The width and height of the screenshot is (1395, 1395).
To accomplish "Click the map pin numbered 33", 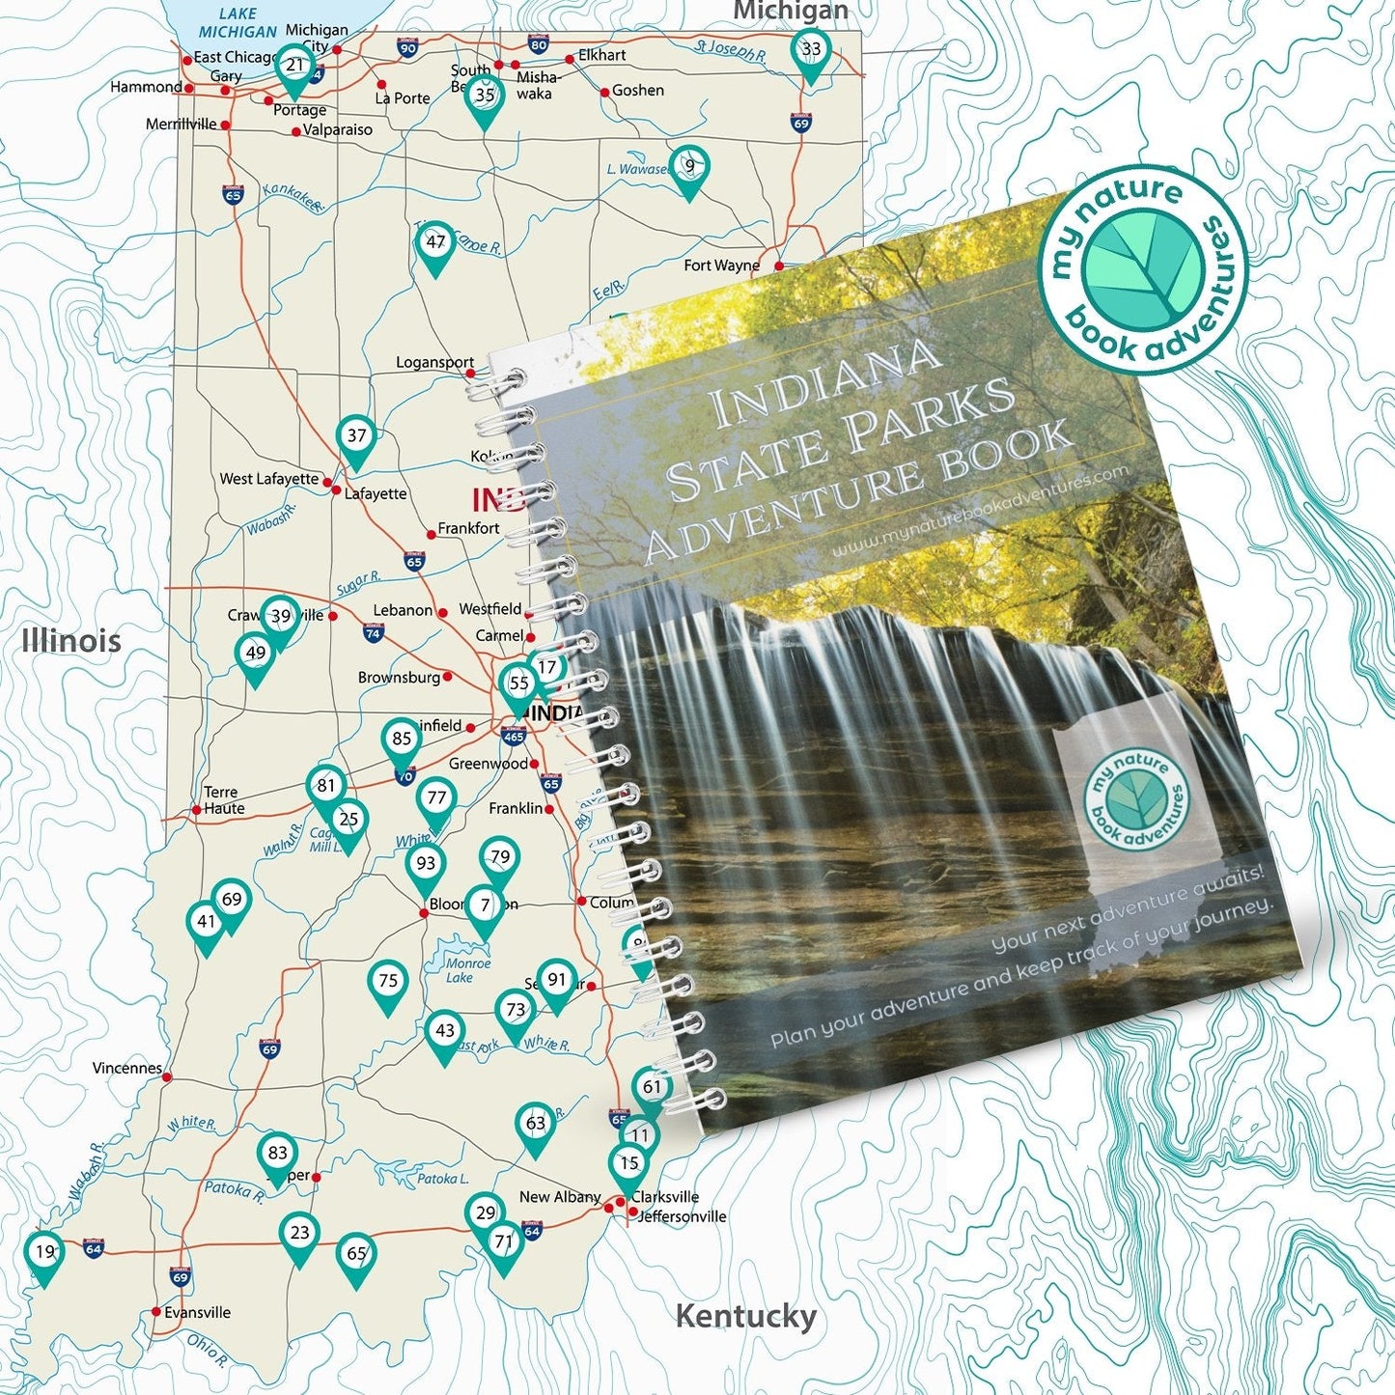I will [811, 51].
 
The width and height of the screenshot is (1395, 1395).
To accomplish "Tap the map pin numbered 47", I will [435, 243].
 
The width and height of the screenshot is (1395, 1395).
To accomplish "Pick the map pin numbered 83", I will [278, 1155].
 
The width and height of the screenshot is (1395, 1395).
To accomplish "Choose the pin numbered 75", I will [388, 983].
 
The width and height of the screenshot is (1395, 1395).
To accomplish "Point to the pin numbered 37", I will [356, 437].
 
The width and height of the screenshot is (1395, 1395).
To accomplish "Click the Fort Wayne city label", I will [721, 265].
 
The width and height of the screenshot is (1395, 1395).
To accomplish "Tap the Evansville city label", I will [197, 1313].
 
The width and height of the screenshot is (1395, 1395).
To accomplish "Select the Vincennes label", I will [127, 1068].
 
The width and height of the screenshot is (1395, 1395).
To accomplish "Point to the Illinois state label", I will [71, 640].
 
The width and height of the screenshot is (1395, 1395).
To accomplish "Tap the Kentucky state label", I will [745, 1316].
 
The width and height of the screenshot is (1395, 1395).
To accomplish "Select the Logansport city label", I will [434, 362].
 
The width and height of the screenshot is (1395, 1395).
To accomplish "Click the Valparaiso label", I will [337, 129].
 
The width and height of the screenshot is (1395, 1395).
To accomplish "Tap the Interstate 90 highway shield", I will [407, 47].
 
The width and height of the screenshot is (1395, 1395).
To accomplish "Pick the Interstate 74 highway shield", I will [374, 633].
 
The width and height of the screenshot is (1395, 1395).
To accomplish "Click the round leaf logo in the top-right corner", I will [1143, 269].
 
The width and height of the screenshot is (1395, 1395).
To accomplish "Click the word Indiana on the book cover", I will [825, 380].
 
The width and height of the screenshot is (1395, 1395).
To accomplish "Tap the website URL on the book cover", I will [980, 512].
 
